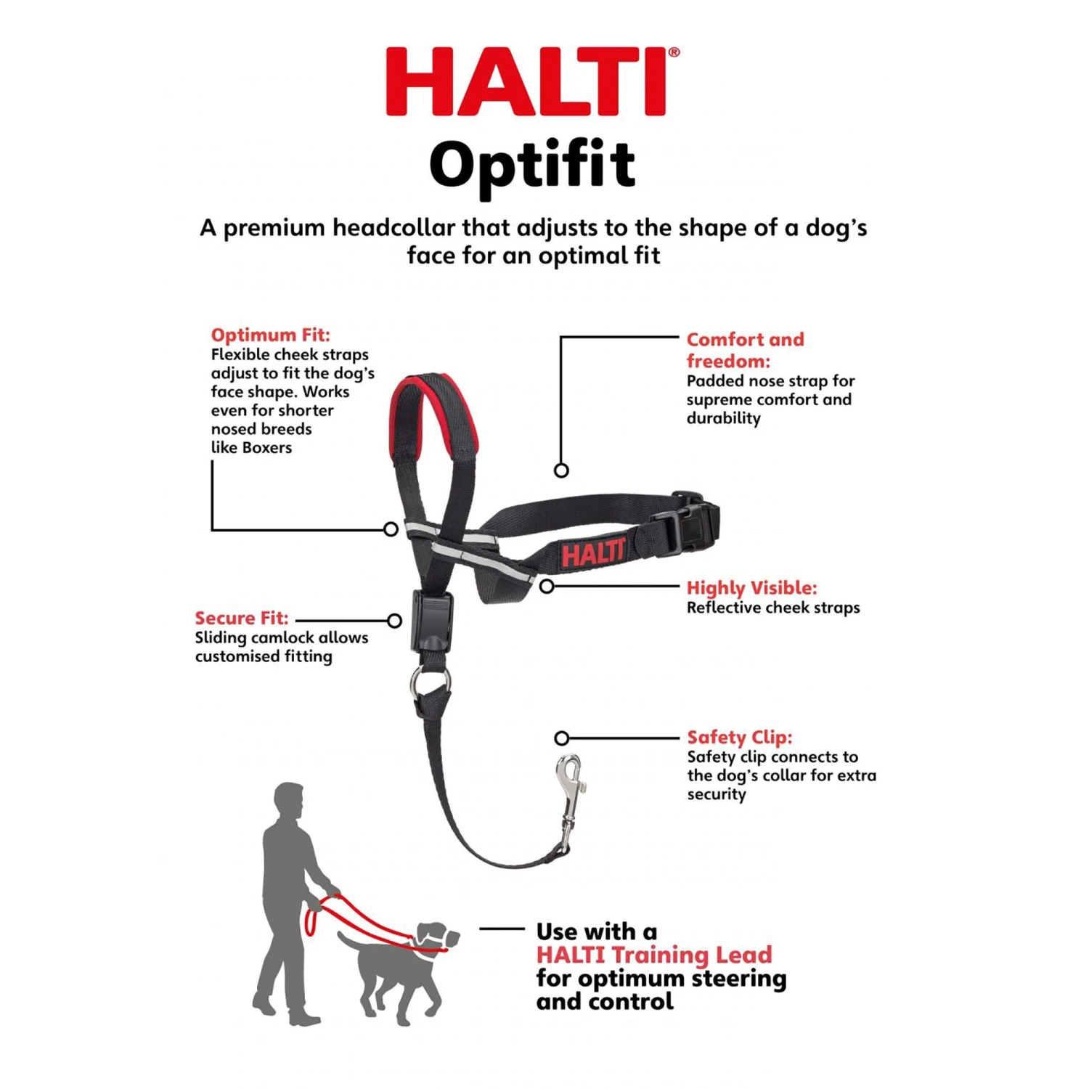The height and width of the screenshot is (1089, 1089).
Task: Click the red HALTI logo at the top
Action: (x=526, y=82)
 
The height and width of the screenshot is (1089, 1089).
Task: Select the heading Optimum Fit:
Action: (x=270, y=335)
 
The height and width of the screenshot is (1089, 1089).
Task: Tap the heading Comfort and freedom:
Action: (x=745, y=350)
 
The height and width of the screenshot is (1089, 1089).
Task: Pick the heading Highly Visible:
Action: (x=751, y=587)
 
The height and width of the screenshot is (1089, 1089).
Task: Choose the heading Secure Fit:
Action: (x=241, y=618)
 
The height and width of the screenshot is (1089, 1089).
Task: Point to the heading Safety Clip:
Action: (x=740, y=737)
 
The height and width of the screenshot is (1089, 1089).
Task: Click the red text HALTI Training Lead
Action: (x=654, y=955)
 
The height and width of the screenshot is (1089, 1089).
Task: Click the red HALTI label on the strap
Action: (x=592, y=554)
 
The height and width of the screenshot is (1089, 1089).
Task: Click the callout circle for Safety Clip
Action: (x=561, y=738)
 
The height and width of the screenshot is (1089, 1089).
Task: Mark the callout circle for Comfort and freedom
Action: (x=561, y=470)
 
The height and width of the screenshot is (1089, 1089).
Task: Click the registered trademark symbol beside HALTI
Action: (x=674, y=52)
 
